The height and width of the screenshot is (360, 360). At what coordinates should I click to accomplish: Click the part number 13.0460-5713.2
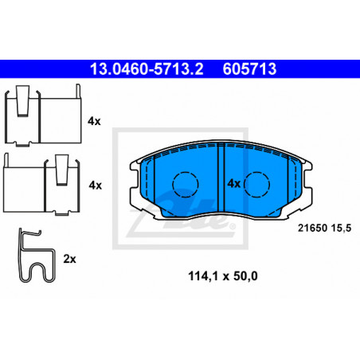[147, 69]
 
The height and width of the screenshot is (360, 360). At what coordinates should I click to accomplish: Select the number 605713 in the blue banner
[249, 69]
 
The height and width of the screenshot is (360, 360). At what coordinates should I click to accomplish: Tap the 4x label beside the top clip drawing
[94, 121]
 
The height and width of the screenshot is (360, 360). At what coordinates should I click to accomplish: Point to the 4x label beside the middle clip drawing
[96, 185]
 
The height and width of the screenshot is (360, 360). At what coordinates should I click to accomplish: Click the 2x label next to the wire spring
[69, 259]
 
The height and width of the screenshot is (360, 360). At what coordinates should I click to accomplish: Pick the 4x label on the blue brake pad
[234, 183]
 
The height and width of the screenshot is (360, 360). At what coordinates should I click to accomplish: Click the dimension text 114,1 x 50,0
[223, 276]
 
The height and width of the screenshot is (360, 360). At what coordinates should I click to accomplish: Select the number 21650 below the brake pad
[313, 228]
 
